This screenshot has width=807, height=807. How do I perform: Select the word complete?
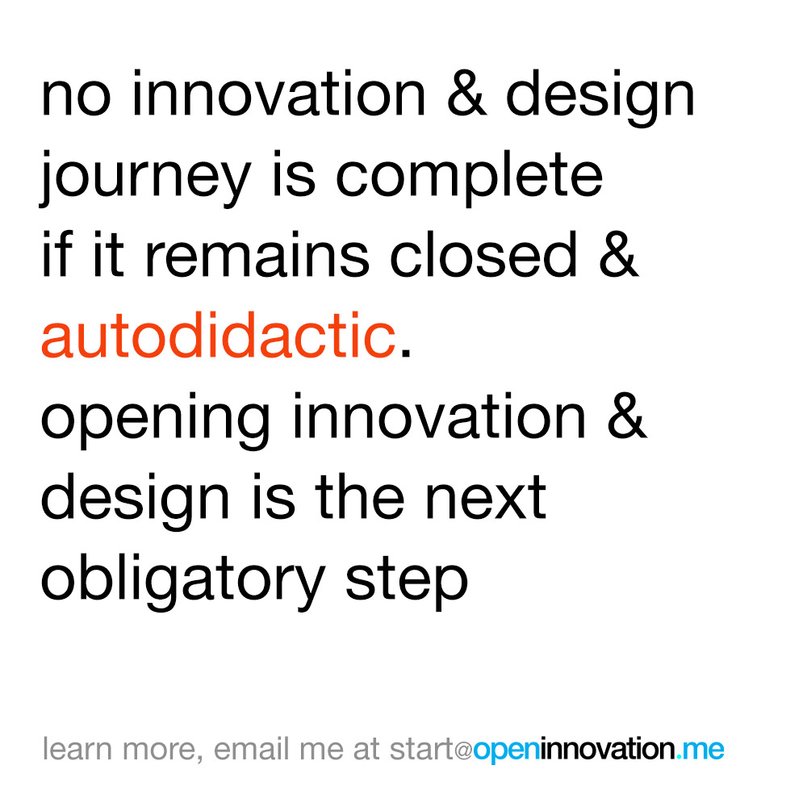coord(469,179)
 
